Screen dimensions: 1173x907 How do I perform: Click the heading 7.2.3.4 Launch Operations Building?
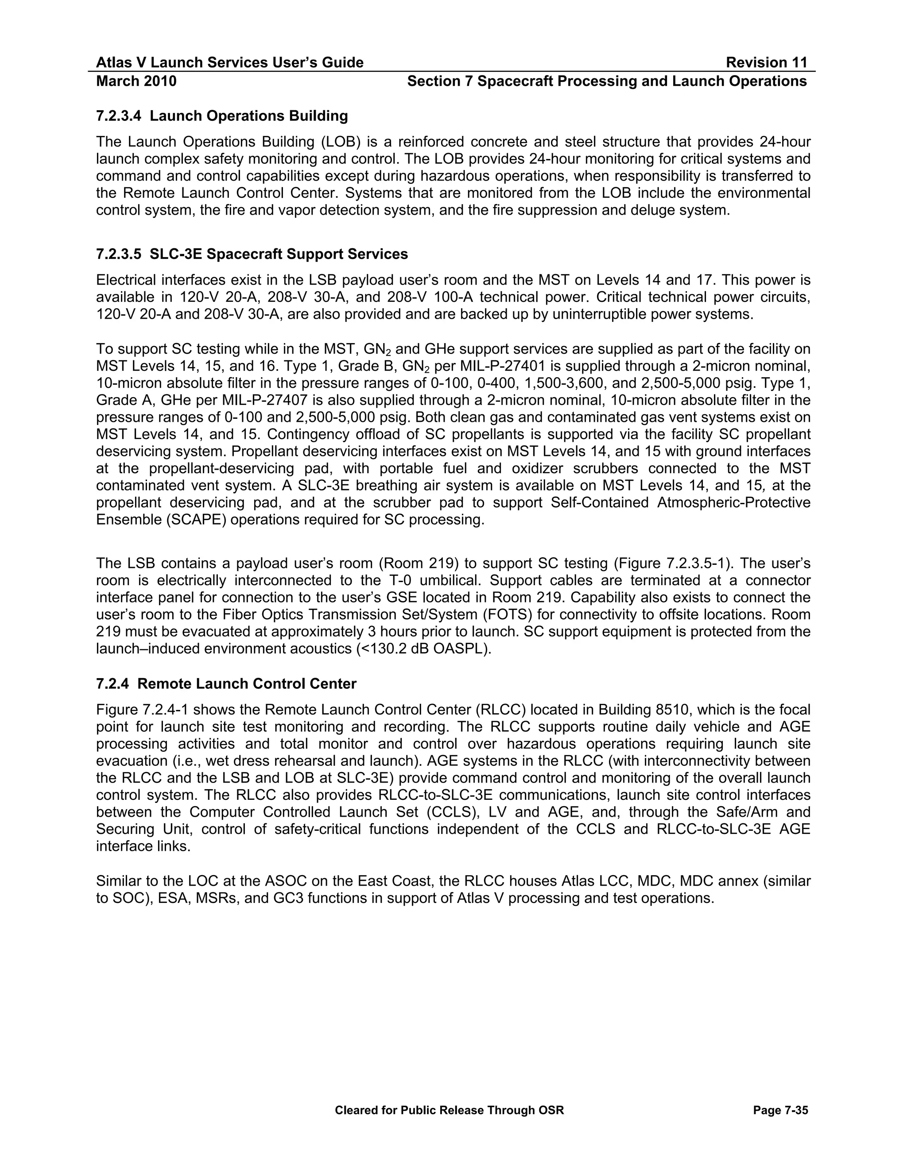[x=221, y=116]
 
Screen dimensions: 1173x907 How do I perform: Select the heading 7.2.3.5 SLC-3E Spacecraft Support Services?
[x=252, y=254]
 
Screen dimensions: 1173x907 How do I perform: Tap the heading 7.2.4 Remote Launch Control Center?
[x=226, y=684]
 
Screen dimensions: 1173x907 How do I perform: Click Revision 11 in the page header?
[x=766, y=63]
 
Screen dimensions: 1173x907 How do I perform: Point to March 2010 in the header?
[x=136, y=81]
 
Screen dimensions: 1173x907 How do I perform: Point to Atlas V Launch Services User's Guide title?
[x=229, y=63]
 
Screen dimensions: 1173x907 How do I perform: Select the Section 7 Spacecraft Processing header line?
[x=607, y=81]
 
